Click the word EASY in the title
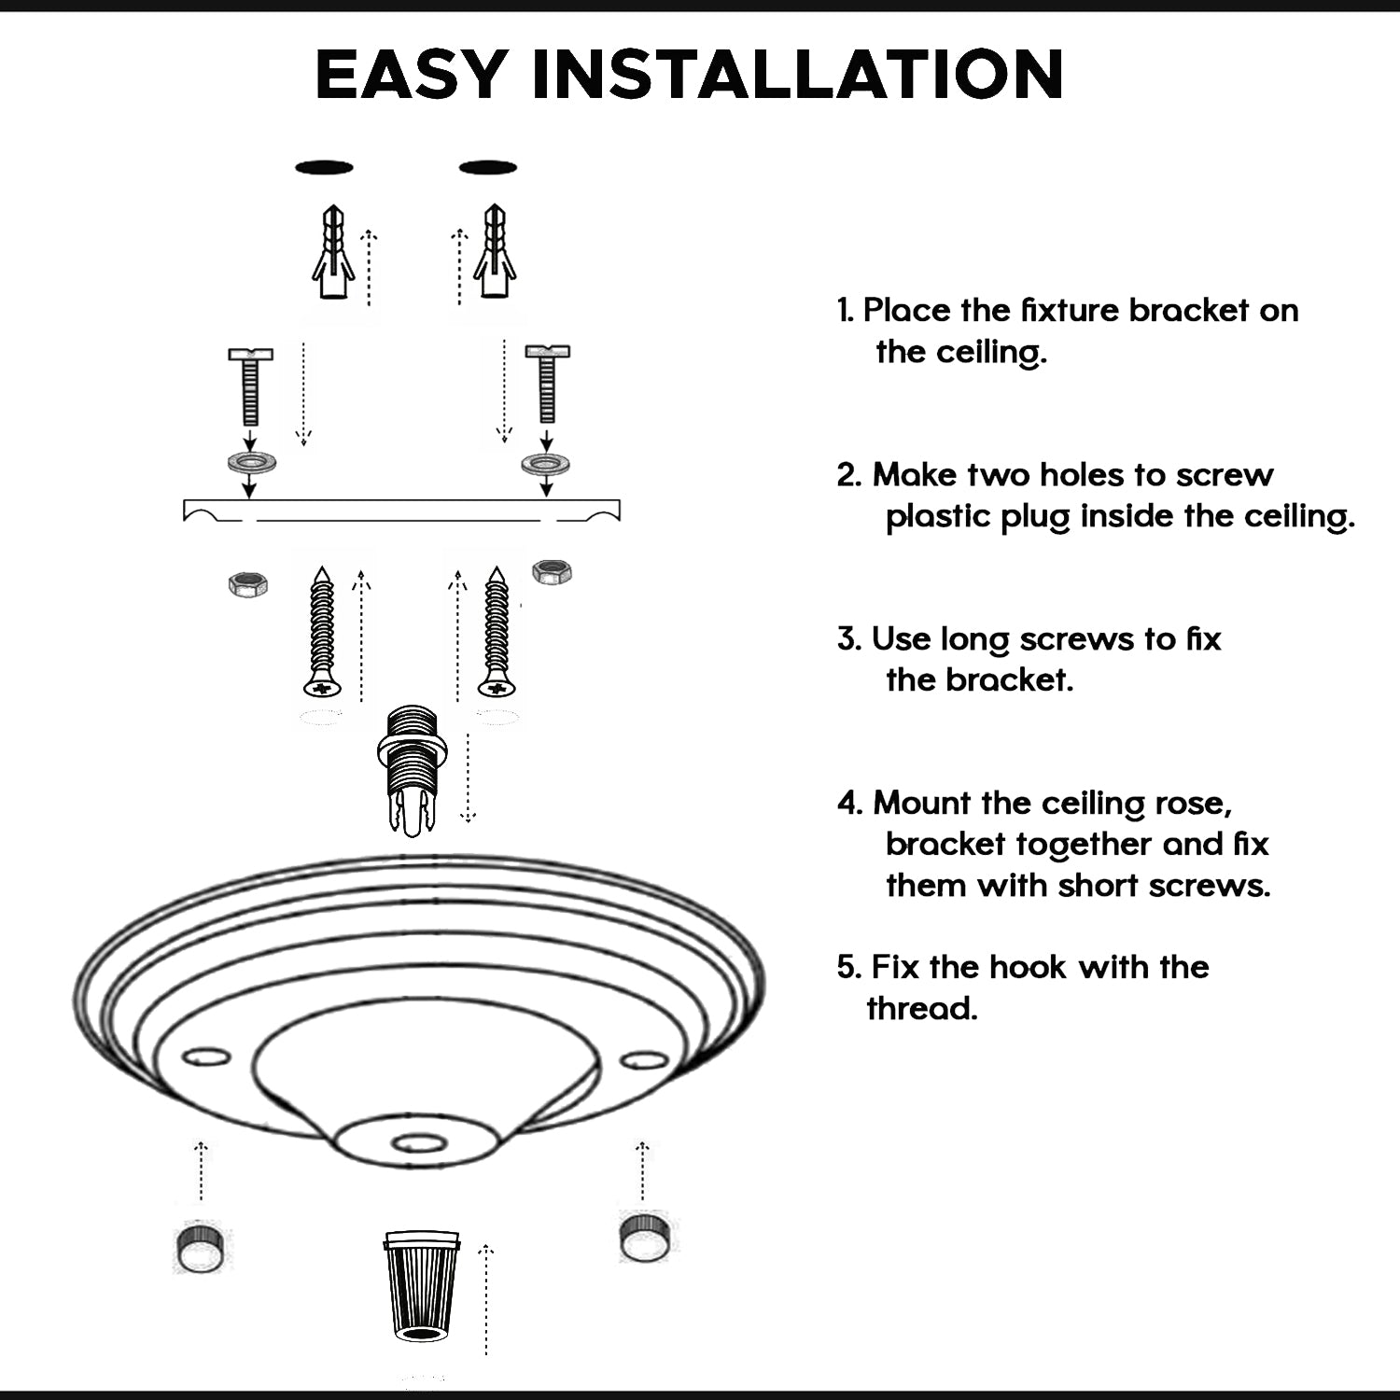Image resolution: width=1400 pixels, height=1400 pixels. click(412, 74)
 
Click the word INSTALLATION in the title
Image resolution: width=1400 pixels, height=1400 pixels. click(798, 74)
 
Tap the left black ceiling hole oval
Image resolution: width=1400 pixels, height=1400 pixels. click(324, 168)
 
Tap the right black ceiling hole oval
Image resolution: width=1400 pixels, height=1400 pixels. click(488, 168)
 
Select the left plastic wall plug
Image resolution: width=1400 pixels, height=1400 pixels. click(333, 253)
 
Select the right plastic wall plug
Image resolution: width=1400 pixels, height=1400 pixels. click(495, 253)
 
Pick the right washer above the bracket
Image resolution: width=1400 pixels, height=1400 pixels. click(546, 463)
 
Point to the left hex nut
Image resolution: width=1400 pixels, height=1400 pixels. click(247, 584)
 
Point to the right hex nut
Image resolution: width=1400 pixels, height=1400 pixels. click(552, 571)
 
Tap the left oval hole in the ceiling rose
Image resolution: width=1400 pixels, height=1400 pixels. click(206, 1057)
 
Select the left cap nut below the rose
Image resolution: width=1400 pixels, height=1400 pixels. click(200, 1247)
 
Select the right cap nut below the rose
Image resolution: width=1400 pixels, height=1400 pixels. click(644, 1237)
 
